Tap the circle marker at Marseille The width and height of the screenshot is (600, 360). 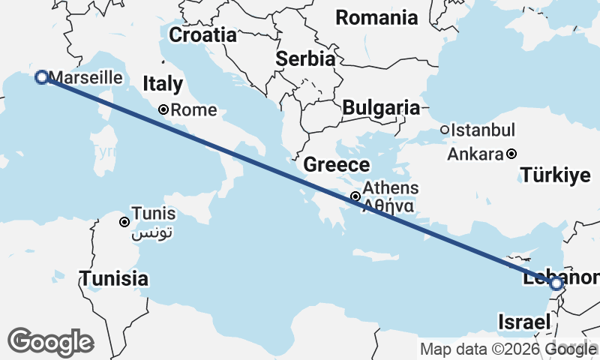click(42, 76)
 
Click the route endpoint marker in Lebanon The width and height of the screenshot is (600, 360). click(556, 284)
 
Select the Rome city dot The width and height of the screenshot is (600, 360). click(163, 109)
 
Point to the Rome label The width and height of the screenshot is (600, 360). click(193, 110)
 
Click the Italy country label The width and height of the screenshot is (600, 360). click(162, 83)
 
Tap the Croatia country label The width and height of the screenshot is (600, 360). click(202, 34)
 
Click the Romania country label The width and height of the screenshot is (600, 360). click(376, 17)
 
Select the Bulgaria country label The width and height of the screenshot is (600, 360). click(381, 107)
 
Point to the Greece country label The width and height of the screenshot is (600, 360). click(337, 165)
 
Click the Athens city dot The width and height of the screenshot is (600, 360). click(355, 196)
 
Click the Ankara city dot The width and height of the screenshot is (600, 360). click(511, 154)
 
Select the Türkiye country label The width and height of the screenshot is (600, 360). click(556, 176)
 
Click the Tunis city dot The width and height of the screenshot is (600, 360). click(124, 221)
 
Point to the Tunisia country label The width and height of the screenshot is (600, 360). click(114, 278)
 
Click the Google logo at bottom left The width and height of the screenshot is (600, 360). click(50, 342)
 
